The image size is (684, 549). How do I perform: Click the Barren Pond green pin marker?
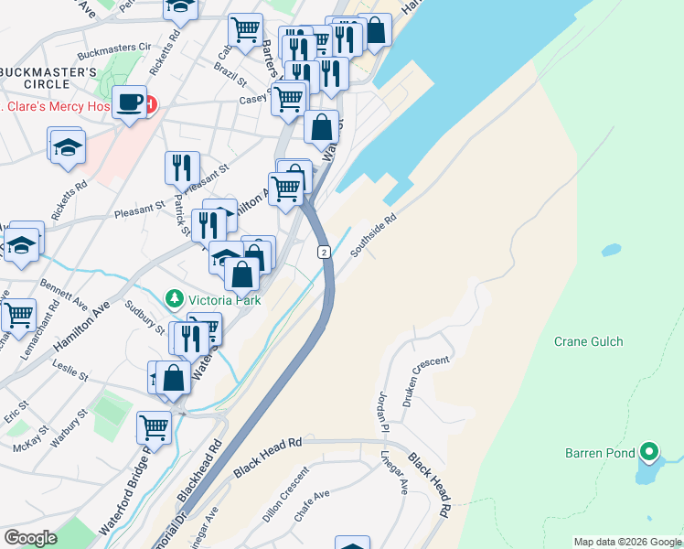point(649,451)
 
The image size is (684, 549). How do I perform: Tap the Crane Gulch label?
point(588,341)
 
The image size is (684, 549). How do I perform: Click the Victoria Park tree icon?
point(174,299)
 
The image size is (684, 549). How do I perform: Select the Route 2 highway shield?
point(324,252)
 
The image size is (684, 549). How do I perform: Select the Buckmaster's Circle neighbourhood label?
point(48,77)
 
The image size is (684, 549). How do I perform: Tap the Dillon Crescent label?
point(286,498)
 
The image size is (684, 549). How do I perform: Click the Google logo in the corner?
point(30,538)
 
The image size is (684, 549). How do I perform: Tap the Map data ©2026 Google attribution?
point(627,542)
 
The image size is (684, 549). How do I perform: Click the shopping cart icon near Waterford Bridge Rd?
point(155,426)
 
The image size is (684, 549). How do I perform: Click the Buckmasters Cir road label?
point(114,46)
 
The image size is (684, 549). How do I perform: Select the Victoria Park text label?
point(224,300)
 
